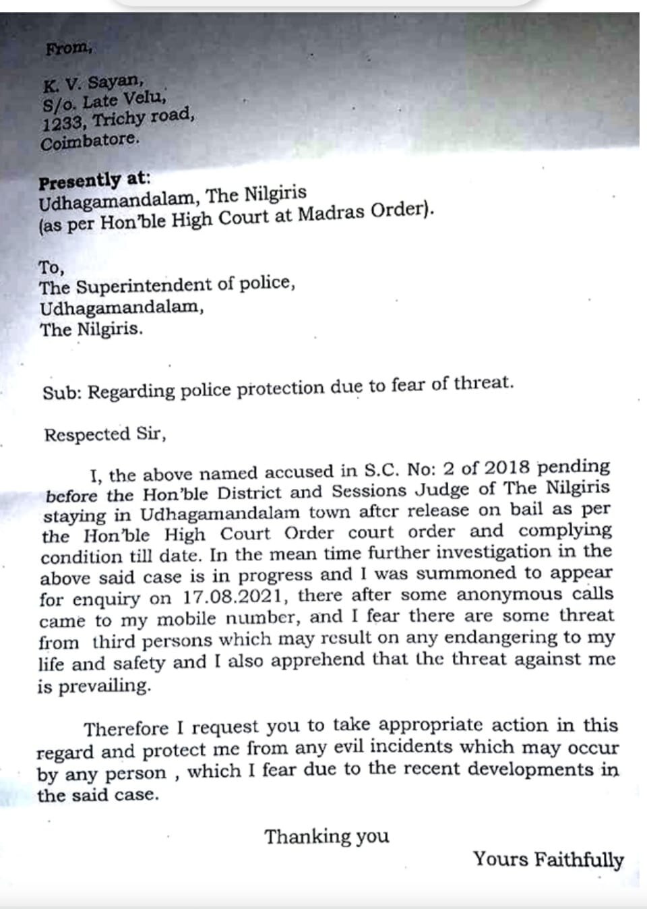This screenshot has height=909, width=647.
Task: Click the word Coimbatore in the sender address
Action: click(x=89, y=142)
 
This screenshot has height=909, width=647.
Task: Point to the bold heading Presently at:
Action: click(x=94, y=181)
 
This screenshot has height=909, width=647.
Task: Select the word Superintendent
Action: click(x=144, y=286)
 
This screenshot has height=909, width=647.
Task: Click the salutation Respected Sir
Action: click(x=104, y=434)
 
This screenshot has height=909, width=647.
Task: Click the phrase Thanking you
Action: click(x=327, y=837)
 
